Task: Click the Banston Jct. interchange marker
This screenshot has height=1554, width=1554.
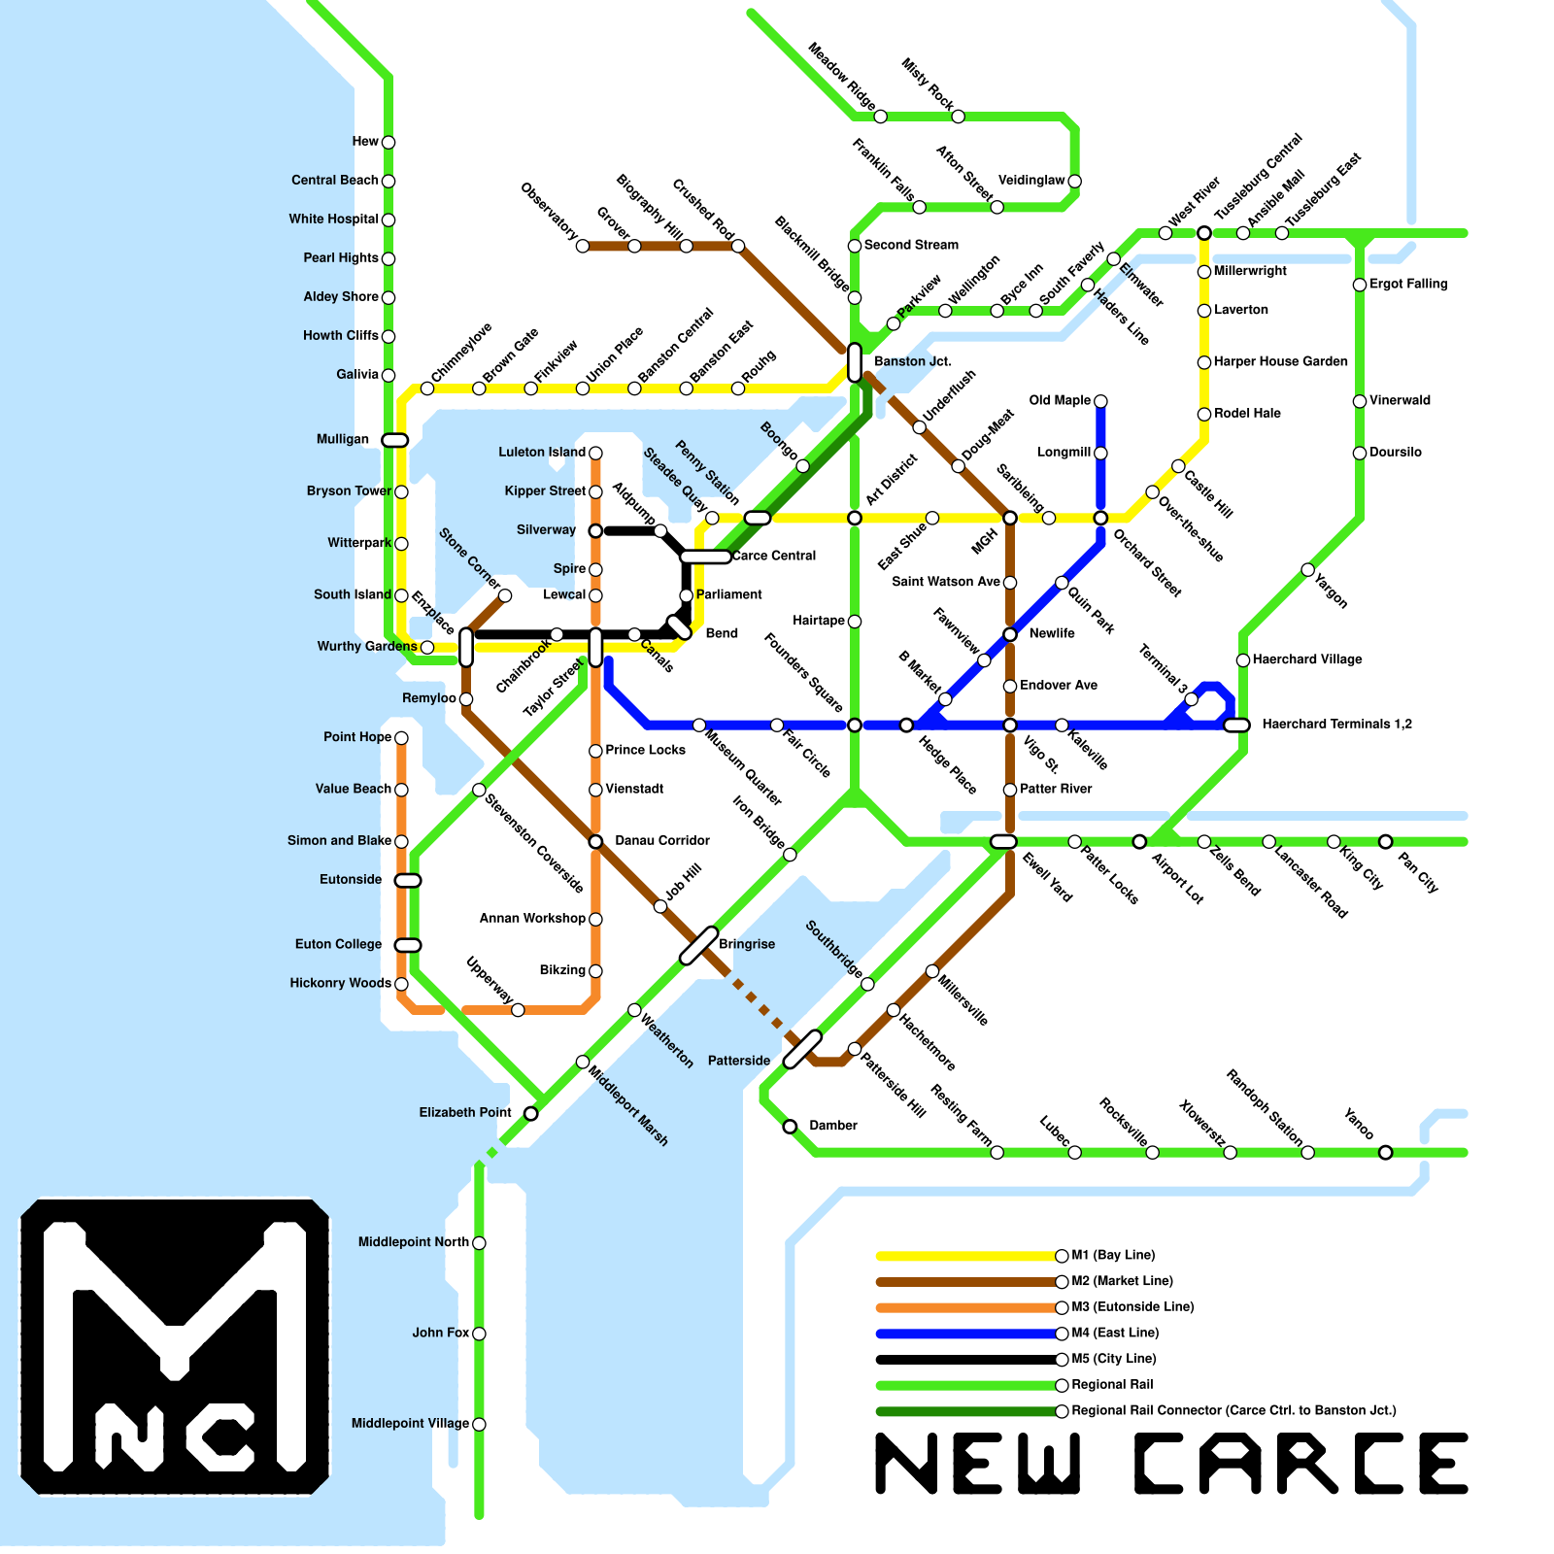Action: [855, 362]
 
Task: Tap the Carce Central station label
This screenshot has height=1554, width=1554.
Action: [774, 556]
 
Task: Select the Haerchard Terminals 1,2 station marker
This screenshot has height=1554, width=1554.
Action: [1236, 725]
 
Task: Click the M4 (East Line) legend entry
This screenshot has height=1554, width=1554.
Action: [1115, 1333]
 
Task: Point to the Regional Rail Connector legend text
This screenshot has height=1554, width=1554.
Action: [1233, 1410]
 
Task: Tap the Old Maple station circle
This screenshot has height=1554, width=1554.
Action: [1100, 401]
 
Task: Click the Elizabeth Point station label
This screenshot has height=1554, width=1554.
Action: [465, 1112]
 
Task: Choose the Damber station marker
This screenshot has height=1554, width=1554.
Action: [790, 1127]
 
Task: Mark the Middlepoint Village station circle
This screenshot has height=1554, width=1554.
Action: [479, 1424]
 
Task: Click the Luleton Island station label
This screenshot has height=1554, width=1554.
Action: [542, 452]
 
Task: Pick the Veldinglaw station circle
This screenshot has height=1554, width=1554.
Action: [1074, 181]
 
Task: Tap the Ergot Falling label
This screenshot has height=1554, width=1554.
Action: [1408, 284]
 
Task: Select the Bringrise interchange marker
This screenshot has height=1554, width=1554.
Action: [698, 945]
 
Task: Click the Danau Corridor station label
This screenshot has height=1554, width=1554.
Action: [662, 840]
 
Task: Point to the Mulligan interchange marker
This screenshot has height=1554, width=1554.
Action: [394, 440]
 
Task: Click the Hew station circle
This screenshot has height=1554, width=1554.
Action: [388, 142]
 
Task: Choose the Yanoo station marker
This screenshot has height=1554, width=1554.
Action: [1386, 1153]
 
